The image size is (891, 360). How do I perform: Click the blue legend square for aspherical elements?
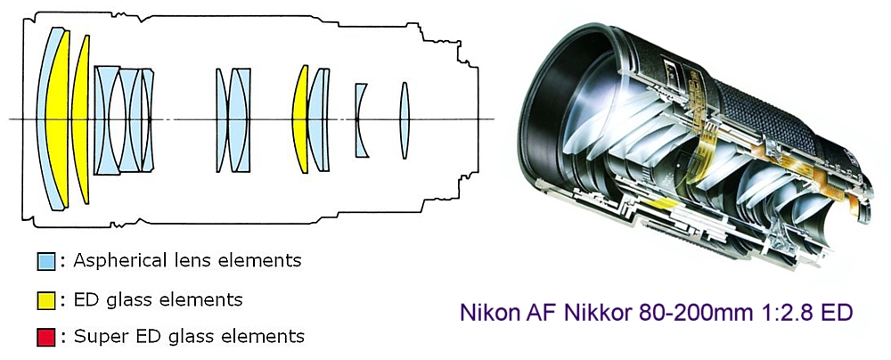[x=45, y=262]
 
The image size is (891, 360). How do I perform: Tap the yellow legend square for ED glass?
[x=45, y=299]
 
